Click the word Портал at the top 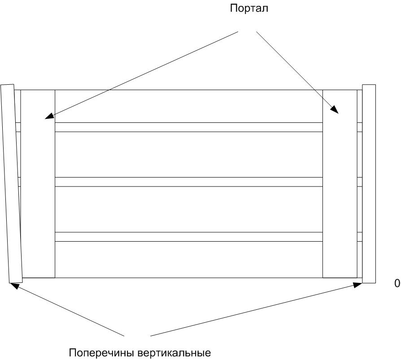[x=249, y=9]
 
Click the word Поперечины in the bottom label [x=102, y=352]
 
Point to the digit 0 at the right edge [x=397, y=283]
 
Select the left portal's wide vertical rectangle [x=38, y=184]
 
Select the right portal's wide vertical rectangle [x=340, y=184]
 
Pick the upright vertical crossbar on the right [x=369, y=184]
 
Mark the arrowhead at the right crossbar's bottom [x=358, y=283]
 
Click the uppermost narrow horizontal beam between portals [x=188, y=127]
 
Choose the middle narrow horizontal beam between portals [x=188, y=182]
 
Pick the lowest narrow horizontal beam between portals [x=188, y=237]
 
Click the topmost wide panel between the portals [x=188, y=106]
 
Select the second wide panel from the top [x=188, y=154]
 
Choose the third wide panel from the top [x=188, y=209]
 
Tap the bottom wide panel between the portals [x=188, y=260]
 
